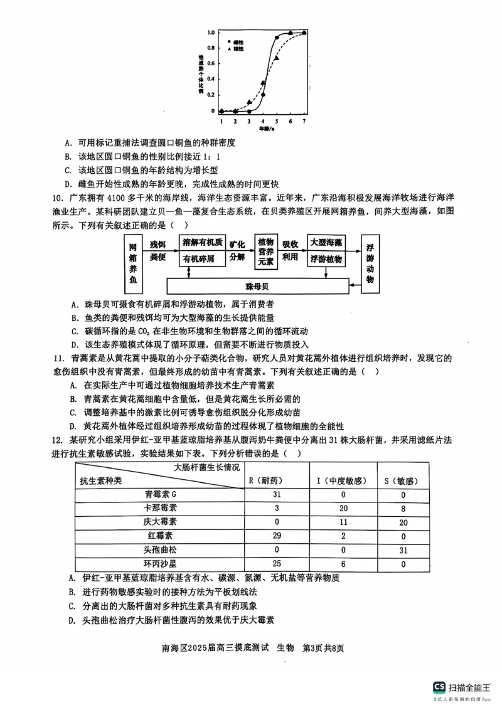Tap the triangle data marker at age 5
pyautogui.click(x=277, y=58)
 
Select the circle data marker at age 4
pyautogui.click(x=263, y=95)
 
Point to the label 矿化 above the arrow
pyautogui.click(x=237, y=243)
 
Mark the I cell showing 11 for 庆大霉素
pyautogui.click(x=343, y=522)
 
